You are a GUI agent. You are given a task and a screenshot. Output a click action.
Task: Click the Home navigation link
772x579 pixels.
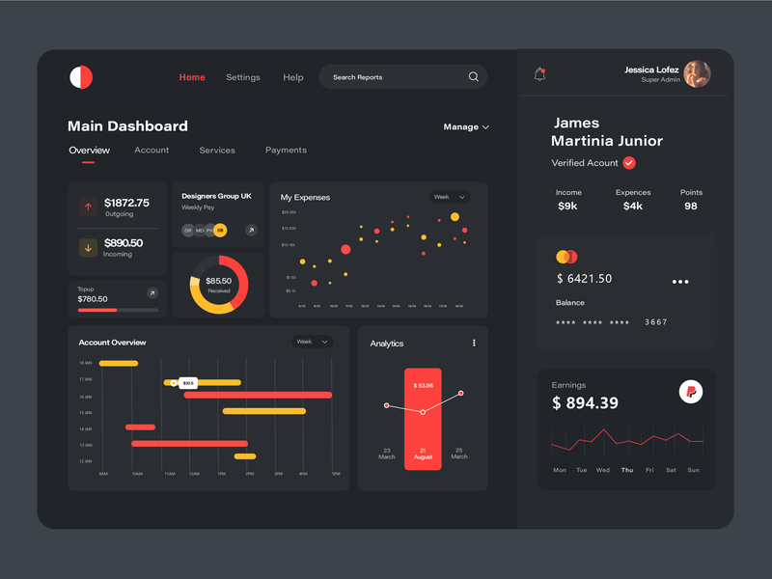(192, 77)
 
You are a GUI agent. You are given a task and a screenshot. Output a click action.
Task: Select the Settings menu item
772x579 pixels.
(243, 77)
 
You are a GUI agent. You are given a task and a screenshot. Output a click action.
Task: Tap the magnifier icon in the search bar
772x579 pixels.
(473, 77)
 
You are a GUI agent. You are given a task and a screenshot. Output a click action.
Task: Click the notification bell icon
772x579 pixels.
(539, 74)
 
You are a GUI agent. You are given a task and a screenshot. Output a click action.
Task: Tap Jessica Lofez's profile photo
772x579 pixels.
(697, 74)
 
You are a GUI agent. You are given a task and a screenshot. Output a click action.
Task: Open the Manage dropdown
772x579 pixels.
(466, 126)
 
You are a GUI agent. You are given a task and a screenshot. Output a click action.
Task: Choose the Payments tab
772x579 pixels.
(286, 151)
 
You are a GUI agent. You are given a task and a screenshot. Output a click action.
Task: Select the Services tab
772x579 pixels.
(217, 151)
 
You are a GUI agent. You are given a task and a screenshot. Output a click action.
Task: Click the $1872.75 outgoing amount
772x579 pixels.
(126, 203)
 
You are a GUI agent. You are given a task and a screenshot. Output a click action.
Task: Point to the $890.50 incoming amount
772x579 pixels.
(124, 243)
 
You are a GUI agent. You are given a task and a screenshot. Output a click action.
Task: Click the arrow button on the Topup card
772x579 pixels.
(152, 292)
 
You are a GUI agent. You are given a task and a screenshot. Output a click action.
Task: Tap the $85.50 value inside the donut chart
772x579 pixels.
(219, 281)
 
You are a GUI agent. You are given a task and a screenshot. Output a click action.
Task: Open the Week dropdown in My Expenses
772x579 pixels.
(450, 197)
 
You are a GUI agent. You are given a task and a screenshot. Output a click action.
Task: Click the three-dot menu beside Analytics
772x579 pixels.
(474, 343)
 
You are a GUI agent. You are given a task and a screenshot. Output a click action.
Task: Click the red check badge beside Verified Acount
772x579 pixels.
(629, 163)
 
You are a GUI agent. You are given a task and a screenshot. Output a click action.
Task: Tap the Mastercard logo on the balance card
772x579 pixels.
(566, 257)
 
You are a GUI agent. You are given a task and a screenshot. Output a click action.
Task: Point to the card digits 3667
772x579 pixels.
(656, 322)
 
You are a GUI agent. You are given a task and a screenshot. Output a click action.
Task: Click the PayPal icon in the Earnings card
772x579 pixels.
(690, 391)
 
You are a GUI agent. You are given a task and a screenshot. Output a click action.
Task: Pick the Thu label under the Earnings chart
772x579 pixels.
(627, 470)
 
